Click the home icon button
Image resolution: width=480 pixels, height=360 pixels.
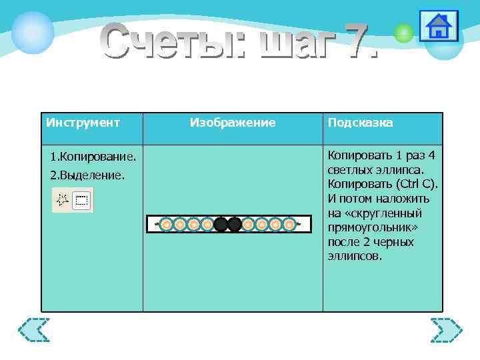point(438,27)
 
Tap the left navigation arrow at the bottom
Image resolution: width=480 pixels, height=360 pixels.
point(34,330)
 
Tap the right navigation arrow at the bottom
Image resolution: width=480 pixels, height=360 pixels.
point(445,330)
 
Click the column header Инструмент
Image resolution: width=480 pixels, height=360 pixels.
point(83,123)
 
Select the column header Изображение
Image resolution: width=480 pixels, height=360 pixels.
point(233,123)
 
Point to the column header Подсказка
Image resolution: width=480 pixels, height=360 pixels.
point(360,123)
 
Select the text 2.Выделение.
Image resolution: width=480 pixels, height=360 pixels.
point(87,176)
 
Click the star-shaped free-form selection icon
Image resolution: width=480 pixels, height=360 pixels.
point(63,200)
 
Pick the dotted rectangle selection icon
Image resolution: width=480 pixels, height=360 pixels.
point(82,200)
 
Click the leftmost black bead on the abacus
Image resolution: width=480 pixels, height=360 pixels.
point(221,225)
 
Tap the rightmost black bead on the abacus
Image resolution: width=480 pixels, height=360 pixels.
point(235,225)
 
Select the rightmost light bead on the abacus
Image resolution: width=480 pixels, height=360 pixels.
point(289,225)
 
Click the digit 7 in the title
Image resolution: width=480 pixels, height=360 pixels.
point(353,41)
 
